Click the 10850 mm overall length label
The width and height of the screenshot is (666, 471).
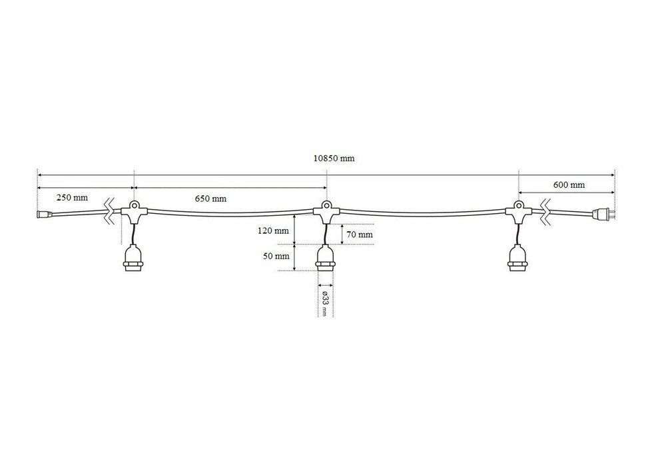point(334,159)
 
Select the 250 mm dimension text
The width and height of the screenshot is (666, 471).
point(72,197)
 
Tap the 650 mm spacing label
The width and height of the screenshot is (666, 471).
point(210,199)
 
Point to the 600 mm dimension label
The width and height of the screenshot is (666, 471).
point(569,185)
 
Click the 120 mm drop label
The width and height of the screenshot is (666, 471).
point(273,231)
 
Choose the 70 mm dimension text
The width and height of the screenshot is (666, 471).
point(360,235)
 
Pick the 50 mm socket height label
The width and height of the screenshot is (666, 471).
point(276,256)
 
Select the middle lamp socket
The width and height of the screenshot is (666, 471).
point(326,258)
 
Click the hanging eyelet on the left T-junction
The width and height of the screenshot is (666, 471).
point(134,205)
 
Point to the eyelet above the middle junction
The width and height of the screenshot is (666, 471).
point(326,205)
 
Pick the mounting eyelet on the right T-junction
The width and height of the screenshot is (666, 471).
point(518,205)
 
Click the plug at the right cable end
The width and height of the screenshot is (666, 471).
point(603,213)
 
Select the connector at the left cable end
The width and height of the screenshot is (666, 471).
point(45,214)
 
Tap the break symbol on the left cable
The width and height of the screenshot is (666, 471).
point(110,211)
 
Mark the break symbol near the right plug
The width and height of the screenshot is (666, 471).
point(545,211)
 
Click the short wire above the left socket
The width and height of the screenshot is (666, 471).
point(134,235)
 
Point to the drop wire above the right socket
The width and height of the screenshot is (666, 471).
point(517,235)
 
